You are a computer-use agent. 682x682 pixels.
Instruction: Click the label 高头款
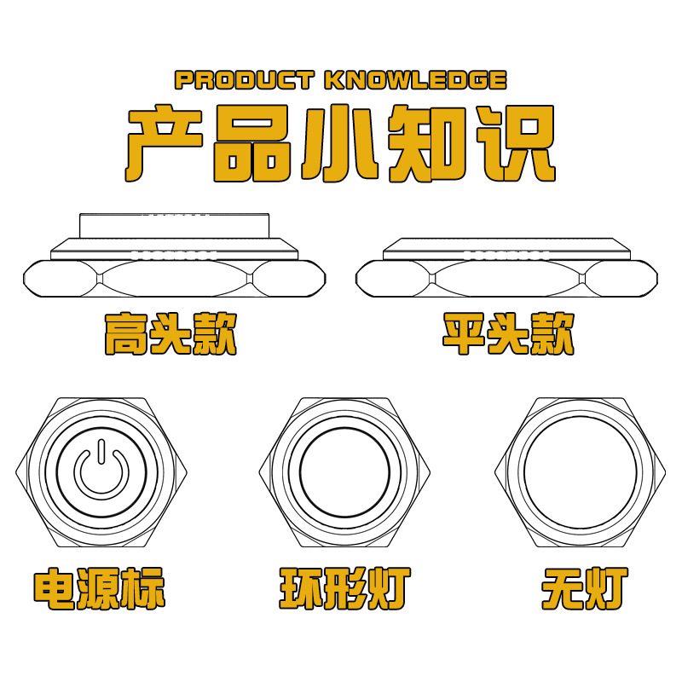point(170,333)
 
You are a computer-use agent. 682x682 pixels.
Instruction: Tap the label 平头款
point(509,333)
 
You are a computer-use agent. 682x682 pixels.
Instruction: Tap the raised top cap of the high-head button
point(174,226)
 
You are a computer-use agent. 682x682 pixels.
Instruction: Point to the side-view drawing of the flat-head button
point(510,269)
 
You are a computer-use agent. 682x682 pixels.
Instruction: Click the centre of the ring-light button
point(344,471)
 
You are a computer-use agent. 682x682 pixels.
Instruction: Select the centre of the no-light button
point(580,471)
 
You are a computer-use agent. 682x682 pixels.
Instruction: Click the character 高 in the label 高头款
point(125,333)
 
